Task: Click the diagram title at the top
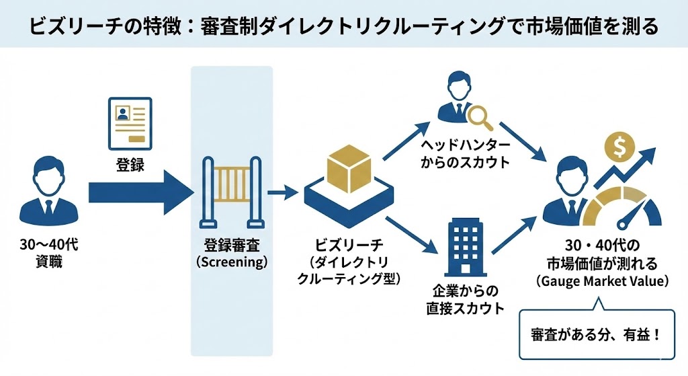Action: tap(343, 27)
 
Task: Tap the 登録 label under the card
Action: tap(130, 165)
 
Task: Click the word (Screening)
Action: tap(232, 262)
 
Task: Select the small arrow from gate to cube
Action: tap(282, 194)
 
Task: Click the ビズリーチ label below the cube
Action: tap(349, 243)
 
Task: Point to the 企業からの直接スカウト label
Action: tap(466, 300)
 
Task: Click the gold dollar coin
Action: tap(616, 146)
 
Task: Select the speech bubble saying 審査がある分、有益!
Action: tap(597, 334)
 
